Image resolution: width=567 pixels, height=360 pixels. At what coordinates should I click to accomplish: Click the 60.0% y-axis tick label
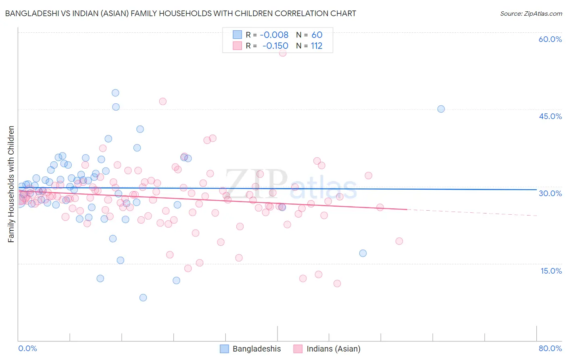(x=550, y=39)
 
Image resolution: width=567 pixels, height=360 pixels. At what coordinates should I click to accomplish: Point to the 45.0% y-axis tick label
(x=550, y=116)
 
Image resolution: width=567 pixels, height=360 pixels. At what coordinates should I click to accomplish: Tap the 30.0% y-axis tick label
(x=550, y=193)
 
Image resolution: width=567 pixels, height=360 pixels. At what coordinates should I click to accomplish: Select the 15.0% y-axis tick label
(x=551, y=271)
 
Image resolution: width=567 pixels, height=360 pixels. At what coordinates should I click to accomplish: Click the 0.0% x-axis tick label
(x=27, y=348)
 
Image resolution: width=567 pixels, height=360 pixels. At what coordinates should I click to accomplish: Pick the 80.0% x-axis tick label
(x=550, y=348)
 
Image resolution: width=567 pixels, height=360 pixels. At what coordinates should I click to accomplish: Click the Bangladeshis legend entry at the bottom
(x=256, y=349)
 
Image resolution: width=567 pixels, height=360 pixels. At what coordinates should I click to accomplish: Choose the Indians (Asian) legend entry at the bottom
(x=333, y=349)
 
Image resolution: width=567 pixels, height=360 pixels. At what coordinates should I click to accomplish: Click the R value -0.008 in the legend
(x=274, y=35)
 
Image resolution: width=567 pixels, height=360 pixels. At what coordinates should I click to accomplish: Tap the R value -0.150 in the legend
(x=275, y=46)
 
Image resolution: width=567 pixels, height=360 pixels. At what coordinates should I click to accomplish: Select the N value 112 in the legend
(x=317, y=46)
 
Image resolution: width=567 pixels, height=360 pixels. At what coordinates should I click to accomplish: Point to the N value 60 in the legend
(x=317, y=35)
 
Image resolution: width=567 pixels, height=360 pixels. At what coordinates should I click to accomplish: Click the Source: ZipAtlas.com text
(x=531, y=13)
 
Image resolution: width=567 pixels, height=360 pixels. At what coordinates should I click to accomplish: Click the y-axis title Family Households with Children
(x=11, y=184)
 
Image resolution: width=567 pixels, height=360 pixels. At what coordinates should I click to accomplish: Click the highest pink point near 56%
(x=283, y=53)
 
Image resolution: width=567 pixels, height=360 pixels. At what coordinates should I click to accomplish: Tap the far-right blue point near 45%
(x=441, y=109)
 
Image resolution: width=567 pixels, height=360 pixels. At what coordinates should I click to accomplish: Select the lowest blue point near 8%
(x=143, y=298)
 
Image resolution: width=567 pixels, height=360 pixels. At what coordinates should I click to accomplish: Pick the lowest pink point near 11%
(x=337, y=283)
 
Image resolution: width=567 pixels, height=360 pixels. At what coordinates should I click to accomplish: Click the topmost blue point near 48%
(x=115, y=93)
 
